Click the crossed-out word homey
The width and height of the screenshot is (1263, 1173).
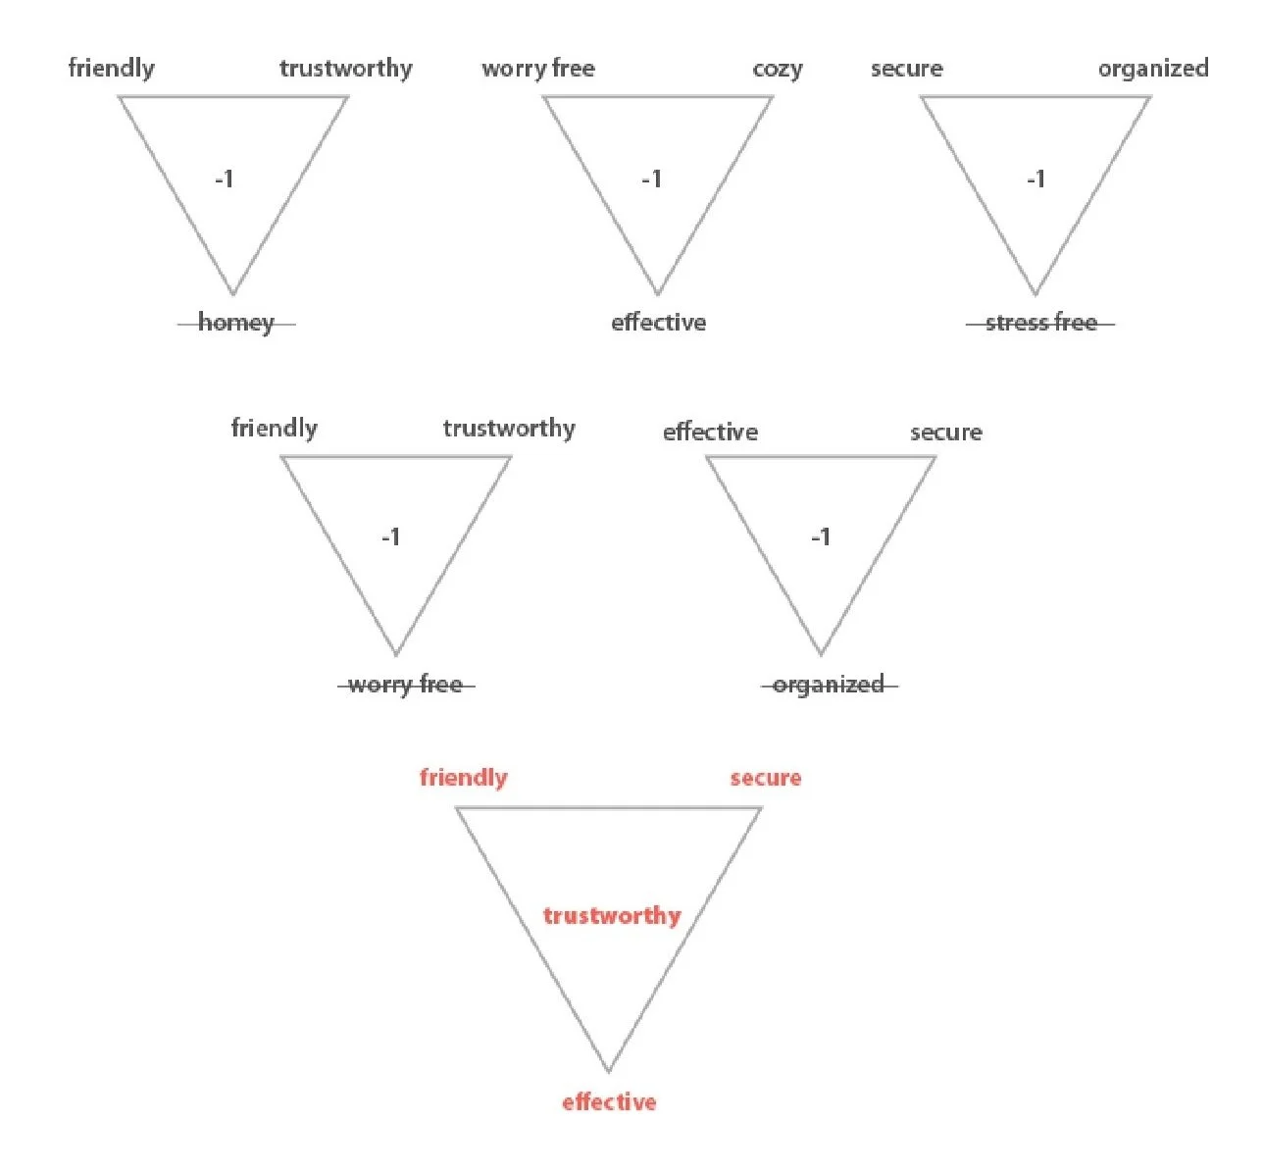tap(236, 323)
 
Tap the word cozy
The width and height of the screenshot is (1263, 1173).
tap(778, 69)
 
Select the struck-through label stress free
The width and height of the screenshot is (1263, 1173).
tap(1040, 323)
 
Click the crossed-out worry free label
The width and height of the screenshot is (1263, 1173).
tap(405, 685)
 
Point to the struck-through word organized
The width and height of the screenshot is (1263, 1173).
tap(829, 685)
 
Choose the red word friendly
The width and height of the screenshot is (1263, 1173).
tap(464, 778)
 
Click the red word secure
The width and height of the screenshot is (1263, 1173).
tap(765, 778)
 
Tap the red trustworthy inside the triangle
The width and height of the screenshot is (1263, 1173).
tap(612, 916)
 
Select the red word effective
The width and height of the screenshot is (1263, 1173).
tap(609, 1102)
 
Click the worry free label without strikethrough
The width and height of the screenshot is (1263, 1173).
tap(538, 69)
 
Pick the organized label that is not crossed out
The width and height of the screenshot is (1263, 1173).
tap(1152, 69)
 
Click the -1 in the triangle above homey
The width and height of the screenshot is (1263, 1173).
tap(225, 178)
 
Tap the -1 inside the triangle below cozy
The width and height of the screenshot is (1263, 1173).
tap(652, 178)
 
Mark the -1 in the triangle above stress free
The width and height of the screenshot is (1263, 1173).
tap(1036, 178)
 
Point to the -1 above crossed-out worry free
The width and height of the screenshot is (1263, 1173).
tap(391, 537)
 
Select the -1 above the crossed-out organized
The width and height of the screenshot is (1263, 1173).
tap(821, 537)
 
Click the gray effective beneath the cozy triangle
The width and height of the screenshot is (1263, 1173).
tap(658, 323)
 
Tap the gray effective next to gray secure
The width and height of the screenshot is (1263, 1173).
tap(710, 433)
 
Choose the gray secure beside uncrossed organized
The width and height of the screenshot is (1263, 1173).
tap(907, 69)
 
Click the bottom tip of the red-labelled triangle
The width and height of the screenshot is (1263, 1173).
tap(608, 1070)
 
